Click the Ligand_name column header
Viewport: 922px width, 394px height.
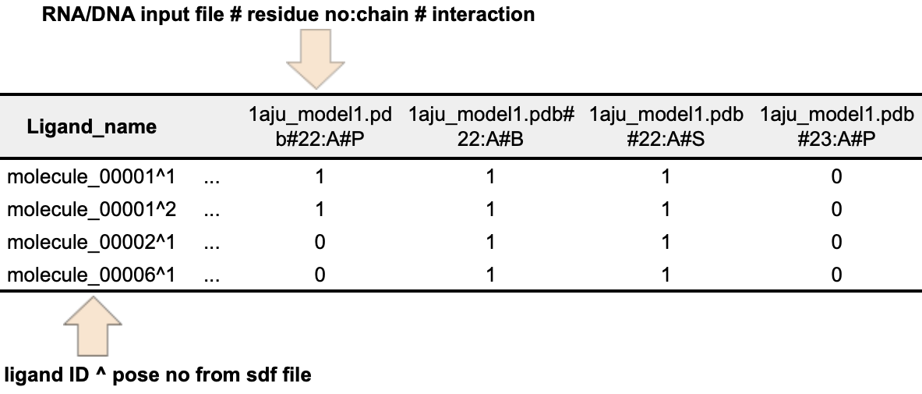click(x=92, y=126)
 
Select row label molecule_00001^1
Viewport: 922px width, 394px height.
click(x=90, y=177)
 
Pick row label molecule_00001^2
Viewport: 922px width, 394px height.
click(x=90, y=210)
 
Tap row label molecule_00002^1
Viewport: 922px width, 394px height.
click(x=90, y=243)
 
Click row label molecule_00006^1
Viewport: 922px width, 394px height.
click(x=90, y=275)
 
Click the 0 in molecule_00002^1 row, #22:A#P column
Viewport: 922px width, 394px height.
click(x=320, y=243)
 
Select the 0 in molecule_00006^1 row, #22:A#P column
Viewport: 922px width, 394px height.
click(x=320, y=275)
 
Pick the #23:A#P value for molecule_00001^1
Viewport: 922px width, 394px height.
click(x=836, y=177)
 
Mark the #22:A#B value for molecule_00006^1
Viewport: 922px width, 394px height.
click(x=491, y=275)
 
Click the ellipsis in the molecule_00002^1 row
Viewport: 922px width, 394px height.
click(x=210, y=244)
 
